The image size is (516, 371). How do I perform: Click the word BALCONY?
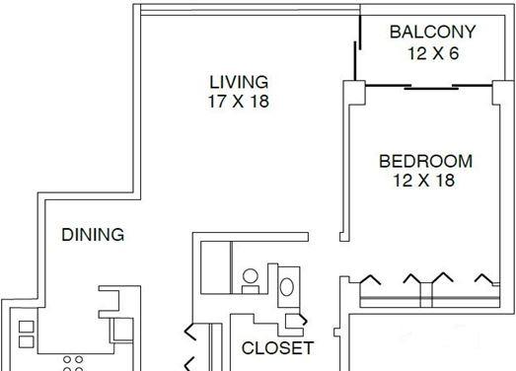pyautogui.click(x=433, y=32)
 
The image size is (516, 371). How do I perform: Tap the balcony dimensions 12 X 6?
pyautogui.click(x=433, y=53)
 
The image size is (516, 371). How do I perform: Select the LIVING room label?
pyautogui.click(x=239, y=82)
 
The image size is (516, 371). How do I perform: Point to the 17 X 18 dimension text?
pyautogui.click(x=239, y=101)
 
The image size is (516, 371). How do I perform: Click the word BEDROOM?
pyautogui.click(x=426, y=161)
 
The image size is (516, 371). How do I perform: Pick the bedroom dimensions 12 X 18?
pyautogui.click(x=424, y=181)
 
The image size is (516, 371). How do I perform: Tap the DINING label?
pyautogui.click(x=93, y=235)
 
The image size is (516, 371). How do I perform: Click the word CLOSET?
pyautogui.click(x=277, y=348)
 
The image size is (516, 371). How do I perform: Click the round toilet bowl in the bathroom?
pyautogui.click(x=250, y=276)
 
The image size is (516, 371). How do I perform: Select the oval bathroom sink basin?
pyautogui.click(x=287, y=287)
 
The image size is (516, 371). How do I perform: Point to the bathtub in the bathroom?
pyautogui.click(x=215, y=267)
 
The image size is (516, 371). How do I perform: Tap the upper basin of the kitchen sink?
pyautogui.click(x=26, y=327)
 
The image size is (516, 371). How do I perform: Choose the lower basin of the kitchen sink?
pyautogui.click(x=26, y=341)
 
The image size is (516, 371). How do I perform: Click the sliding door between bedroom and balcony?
pyautogui.click(x=429, y=87)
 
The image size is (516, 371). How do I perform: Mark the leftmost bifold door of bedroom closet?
pyautogui.click(x=371, y=280)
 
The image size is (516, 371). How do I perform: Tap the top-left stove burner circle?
pyautogui.click(x=67, y=359)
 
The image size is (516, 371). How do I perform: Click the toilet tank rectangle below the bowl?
pyautogui.click(x=250, y=289)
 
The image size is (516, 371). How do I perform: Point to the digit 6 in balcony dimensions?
pyautogui.click(x=454, y=53)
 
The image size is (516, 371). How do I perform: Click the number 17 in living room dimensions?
pyautogui.click(x=217, y=101)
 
